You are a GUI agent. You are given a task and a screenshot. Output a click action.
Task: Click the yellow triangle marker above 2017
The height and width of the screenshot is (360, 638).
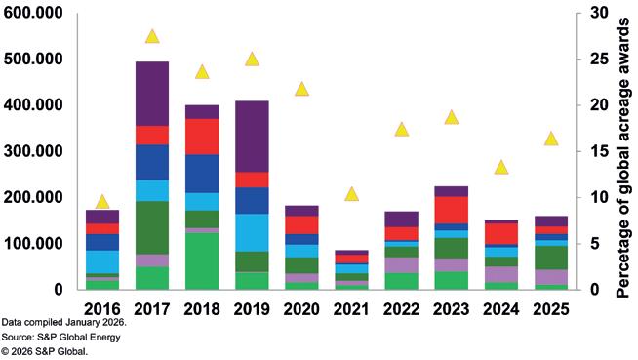click(x=152, y=37)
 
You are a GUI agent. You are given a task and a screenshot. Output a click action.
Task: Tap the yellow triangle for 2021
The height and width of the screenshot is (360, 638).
click(x=351, y=195)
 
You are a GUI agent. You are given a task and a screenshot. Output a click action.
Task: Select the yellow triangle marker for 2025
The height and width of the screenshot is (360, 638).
click(x=551, y=140)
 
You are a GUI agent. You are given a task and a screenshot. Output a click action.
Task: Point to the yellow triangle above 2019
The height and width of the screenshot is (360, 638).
click(x=253, y=60)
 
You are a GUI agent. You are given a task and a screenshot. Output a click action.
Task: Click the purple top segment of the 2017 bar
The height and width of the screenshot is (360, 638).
click(x=152, y=94)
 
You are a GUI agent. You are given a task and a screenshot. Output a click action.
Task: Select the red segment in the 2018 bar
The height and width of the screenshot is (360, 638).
click(x=202, y=137)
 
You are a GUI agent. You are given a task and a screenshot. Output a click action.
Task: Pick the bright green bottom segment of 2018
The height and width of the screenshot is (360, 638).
click(x=202, y=261)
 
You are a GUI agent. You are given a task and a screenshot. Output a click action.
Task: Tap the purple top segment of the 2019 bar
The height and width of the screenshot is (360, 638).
click(x=253, y=137)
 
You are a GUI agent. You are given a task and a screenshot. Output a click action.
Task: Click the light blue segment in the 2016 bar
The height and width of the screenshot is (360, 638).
click(x=102, y=262)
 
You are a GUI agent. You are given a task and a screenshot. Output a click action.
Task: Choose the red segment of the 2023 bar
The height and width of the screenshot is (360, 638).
click(x=452, y=210)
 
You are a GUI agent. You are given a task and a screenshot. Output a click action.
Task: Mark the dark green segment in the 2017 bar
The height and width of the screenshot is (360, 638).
click(x=152, y=227)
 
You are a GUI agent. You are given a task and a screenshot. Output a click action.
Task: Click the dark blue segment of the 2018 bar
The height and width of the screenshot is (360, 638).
click(x=202, y=174)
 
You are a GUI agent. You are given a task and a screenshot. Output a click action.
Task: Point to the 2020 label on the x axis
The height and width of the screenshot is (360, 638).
click(x=301, y=309)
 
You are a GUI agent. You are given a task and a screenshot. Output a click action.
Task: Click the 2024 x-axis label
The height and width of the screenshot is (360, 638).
click(x=501, y=309)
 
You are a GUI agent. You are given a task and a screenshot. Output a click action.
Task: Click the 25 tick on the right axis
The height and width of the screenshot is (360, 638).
click(x=599, y=59)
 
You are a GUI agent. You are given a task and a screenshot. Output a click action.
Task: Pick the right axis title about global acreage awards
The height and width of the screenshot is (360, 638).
click(x=623, y=159)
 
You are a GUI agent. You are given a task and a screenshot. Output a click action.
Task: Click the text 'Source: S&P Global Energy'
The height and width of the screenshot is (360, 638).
click(x=61, y=338)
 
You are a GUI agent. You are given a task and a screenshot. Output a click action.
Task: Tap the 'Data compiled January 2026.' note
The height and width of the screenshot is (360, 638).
click(x=63, y=323)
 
